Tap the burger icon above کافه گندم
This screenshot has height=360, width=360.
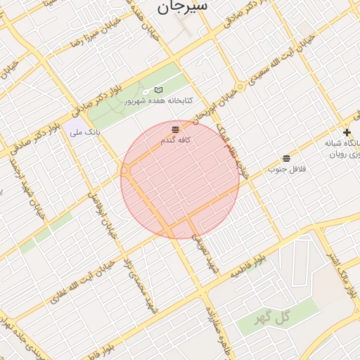coord(175,129)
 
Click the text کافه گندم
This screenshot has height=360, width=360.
coord(176,140)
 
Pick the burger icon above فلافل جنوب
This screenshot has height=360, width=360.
coord(286,158)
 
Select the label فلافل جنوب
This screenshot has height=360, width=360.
coord(283,169)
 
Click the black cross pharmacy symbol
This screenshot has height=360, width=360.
coord(346,132)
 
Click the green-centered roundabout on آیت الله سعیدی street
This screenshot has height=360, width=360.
coord(240,86)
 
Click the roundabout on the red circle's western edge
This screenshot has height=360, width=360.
coord(124,170)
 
